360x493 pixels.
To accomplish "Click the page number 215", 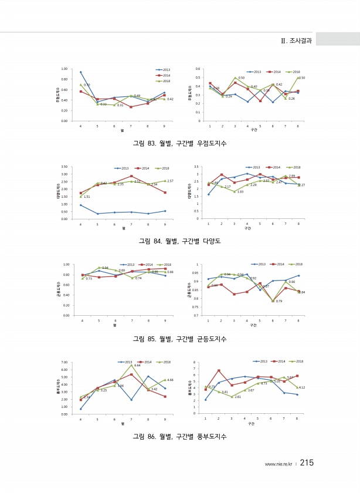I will click(307, 463).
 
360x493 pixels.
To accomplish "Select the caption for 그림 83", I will click(179, 143).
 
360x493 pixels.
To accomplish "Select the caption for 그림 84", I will click(179, 241).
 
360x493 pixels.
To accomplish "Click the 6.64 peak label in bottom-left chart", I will click(137, 365).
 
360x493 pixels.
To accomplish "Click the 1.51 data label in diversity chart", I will click(87, 197).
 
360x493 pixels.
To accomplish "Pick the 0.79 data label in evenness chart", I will click(279, 301).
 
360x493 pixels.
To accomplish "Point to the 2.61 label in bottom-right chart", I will click(237, 397).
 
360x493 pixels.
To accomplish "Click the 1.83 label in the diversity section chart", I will click(240, 192).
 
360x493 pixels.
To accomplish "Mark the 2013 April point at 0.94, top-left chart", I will click(80, 72).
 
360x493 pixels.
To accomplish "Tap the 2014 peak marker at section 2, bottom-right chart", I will click(218, 370).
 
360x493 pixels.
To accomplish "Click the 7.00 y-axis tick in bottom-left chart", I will click(64, 363).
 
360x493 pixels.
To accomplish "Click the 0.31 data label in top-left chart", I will click(120, 105).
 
